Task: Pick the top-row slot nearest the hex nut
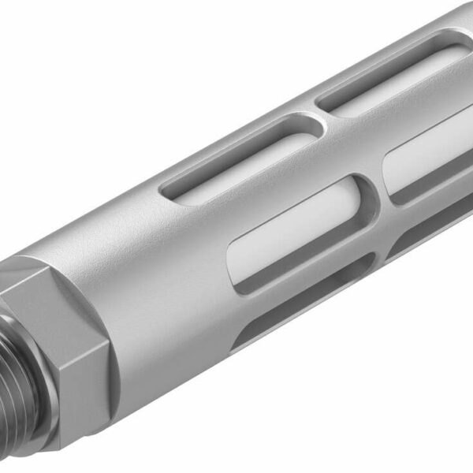tap(236, 158)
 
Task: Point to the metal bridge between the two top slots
tap(315, 117)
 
